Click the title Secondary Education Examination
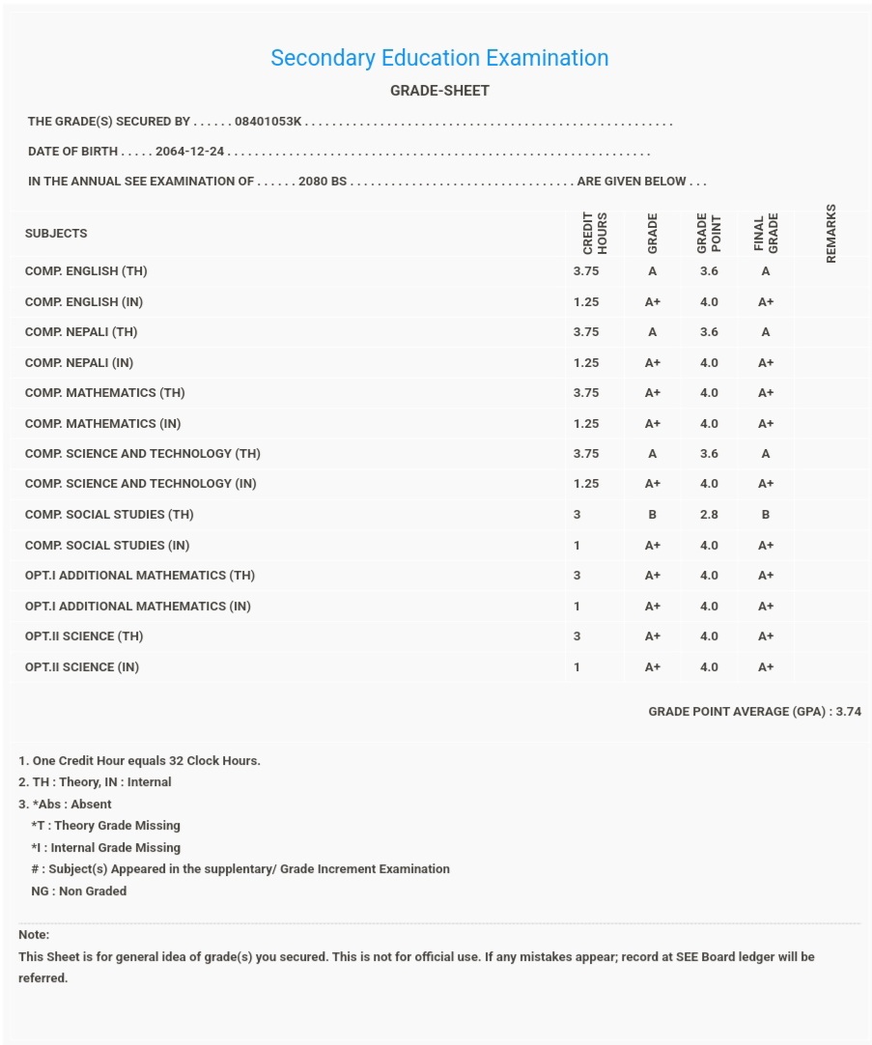[x=439, y=58]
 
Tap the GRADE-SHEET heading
[x=439, y=91]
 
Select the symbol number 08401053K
[x=268, y=122]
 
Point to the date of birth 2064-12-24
[x=190, y=152]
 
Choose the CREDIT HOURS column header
[x=595, y=233]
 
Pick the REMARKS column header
[x=831, y=233]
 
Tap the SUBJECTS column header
[x=56, y=234]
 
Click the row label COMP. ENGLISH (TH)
[x=86, y=271]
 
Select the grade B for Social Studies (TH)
[x=653, y=515]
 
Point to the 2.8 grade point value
[x=709, y=515]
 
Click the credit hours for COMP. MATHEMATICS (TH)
[x=586, y=393]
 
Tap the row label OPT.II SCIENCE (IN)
[x=82, y=667]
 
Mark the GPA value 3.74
[x=849, y=712]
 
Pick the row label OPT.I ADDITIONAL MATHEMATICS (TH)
[x=140, y=576]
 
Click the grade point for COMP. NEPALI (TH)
[x=709, y=332]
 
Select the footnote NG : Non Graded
[x=78, y=891]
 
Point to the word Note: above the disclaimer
[x=34, y=935]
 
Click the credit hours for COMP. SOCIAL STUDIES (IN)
[x=577, y=546]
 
